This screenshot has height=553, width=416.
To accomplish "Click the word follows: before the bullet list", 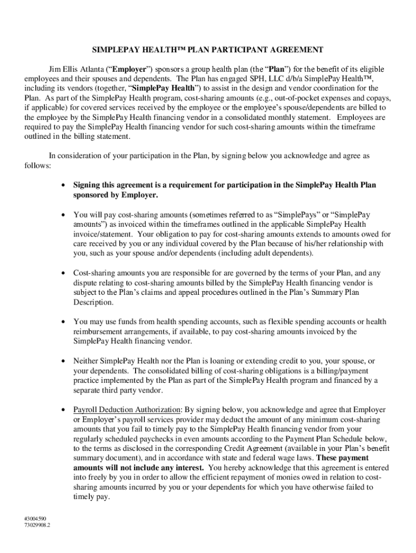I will pos(37,165).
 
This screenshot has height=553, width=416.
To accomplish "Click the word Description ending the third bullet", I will pos(93,302).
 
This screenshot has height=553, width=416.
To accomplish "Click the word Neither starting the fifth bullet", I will pos(86,360).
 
